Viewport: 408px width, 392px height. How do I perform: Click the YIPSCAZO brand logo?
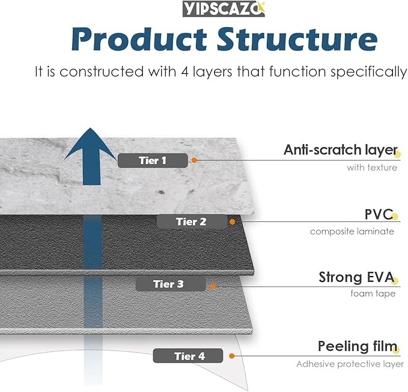point(222,9)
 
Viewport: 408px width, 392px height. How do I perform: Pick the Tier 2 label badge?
point(191,222)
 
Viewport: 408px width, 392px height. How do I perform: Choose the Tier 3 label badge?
point(168,284)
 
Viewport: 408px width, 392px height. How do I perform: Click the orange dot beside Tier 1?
point(194,160)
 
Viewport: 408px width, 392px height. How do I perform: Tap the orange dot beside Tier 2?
point(233,221)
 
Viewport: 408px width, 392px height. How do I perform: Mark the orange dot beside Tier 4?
point(230,356)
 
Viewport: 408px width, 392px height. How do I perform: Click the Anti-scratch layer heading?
point(340,150)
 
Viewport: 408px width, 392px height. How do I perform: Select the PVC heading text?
point(379,214)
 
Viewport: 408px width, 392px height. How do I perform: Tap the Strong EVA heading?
point(356,278)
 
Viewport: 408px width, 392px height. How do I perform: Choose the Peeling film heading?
point(357,347)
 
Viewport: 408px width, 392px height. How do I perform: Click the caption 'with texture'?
point(371,168)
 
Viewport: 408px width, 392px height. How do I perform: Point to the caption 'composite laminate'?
point(352,231)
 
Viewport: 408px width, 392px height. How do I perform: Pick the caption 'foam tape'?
point(373,294)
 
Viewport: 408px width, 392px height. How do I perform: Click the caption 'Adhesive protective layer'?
point(350,364)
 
